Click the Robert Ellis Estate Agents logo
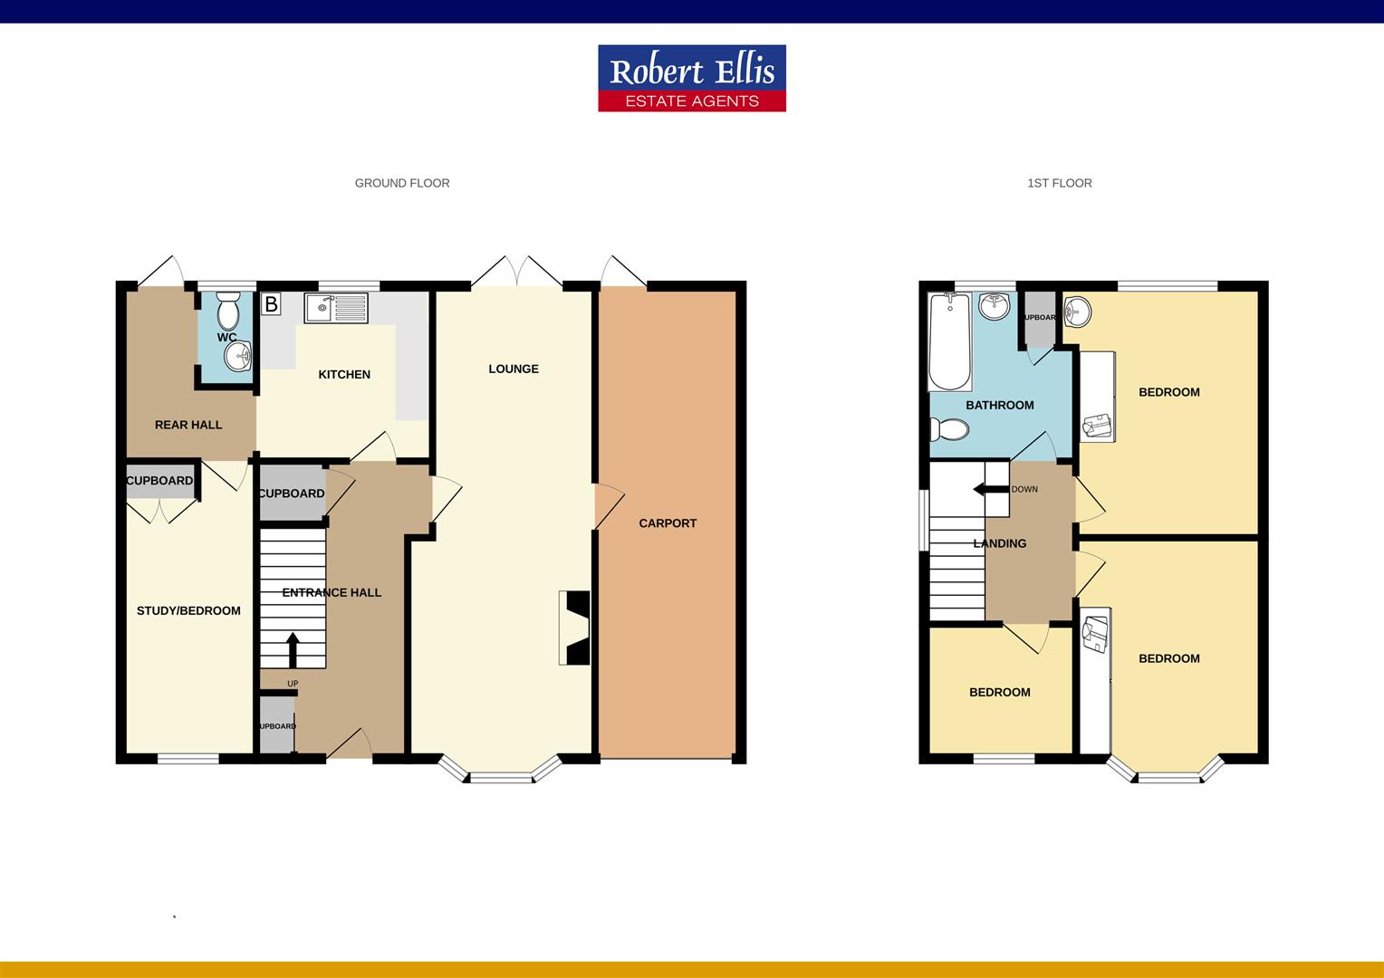(691, 79)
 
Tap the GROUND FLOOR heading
(402, 183)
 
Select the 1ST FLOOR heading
(1059, 183)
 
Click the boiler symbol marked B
(270, 304)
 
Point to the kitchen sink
(336, 309)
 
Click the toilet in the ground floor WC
(228, 311)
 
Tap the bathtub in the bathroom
(949, 341)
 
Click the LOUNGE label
(514, 369)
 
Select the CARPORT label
(668, 523)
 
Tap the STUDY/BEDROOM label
(188, 610)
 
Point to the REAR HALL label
(188, 425)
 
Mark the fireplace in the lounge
(575, 628)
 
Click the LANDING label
(1000, 543)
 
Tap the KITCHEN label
(344, 374)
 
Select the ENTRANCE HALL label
(332, 592)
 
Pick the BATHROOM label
(1000, 405)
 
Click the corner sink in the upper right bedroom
(1077, 312)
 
